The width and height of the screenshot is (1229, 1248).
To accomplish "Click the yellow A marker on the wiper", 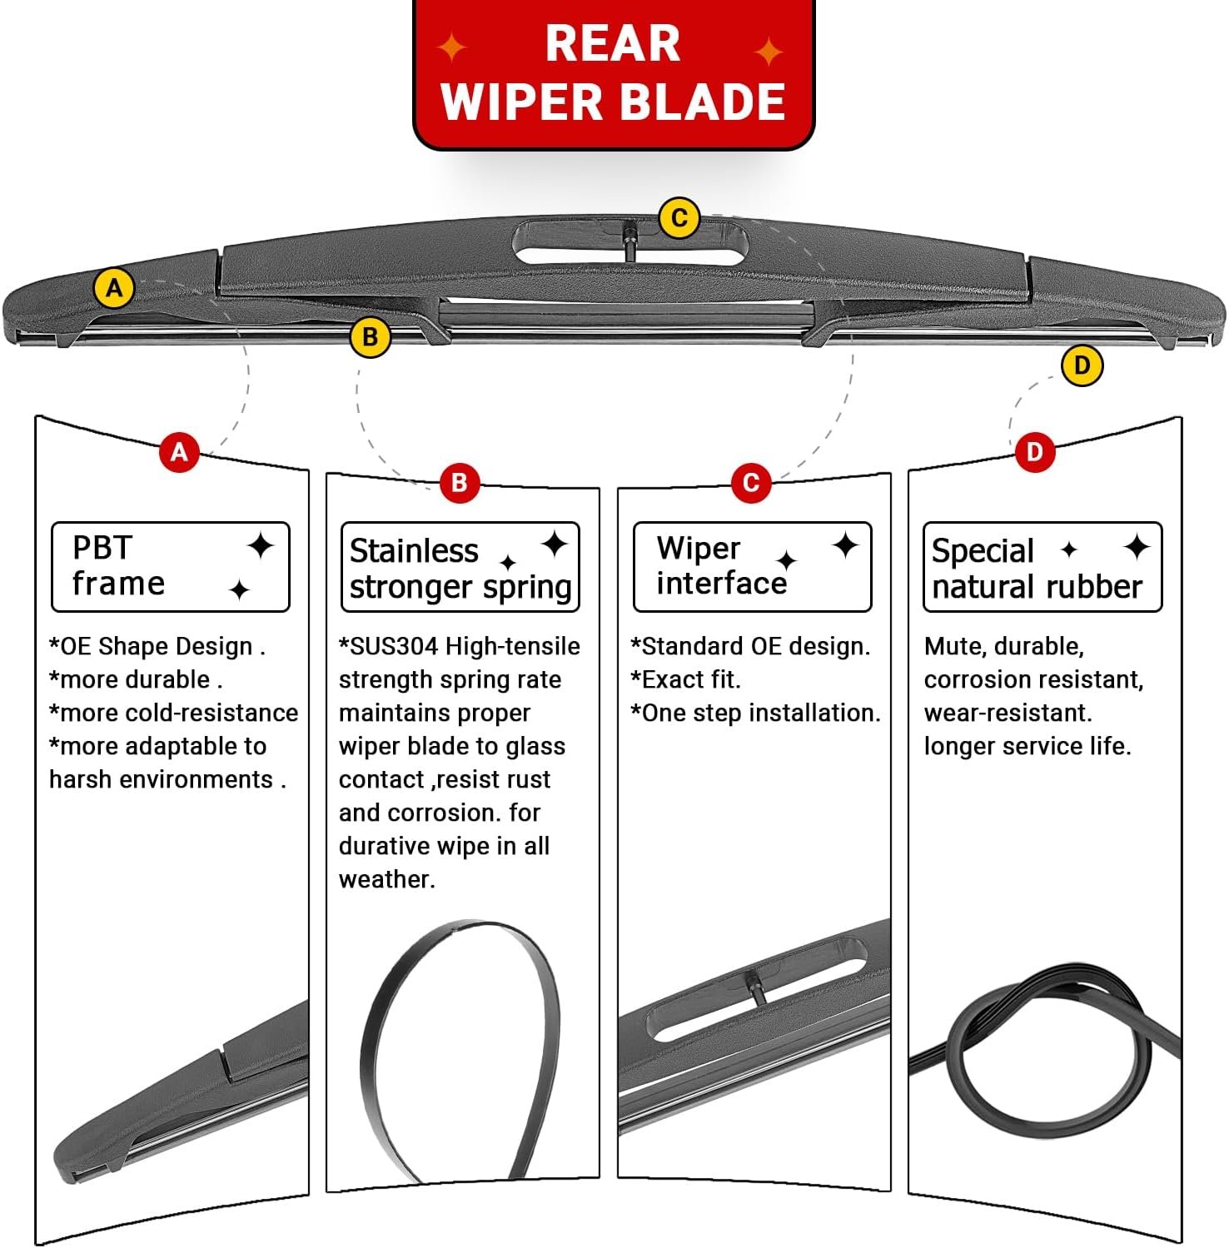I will (x=114, y=288).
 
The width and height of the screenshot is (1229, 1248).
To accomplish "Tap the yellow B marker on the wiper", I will (x=371, y=337).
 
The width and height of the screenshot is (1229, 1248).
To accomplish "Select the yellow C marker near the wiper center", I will (x=679, y=218).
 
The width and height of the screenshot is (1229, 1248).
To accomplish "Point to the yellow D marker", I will (x=1082, y=365).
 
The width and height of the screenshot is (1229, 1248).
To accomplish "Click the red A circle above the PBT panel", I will (x=179, y=452).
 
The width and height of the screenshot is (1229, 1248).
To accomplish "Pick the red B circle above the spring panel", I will (x=459, y=482).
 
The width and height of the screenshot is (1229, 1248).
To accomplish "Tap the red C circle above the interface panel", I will (x=750, y=482).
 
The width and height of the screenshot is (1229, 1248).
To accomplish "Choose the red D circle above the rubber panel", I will (x=1034, y=452).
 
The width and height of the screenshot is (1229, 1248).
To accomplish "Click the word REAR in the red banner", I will (x=613, y=44).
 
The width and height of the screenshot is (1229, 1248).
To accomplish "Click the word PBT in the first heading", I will (x=102, y=548).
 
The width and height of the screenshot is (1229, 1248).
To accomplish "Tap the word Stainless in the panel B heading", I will (x=414, y=551).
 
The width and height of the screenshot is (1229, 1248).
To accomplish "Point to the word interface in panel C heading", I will (x=721, y=584).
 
